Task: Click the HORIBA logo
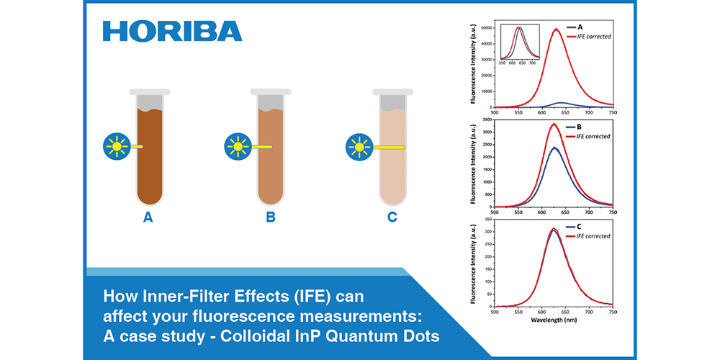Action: pyautogui.click(x=172, y=31)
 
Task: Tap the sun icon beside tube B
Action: pyautogui.click(x=237, y=146)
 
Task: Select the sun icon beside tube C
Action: pyautogui.click(x=358, y=146)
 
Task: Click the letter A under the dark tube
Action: pyautogui.click(x=148, y=217)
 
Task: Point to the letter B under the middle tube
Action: pyautogui.click(x=271, y=217)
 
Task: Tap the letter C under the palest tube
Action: pyautogui.click(x=392, y=217)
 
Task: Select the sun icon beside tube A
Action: pyautogui.click(x=114, y=146)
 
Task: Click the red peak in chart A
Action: pyautogui.click(x=556, y=30)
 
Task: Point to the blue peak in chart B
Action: pyautogui.click(x=554, y=148)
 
